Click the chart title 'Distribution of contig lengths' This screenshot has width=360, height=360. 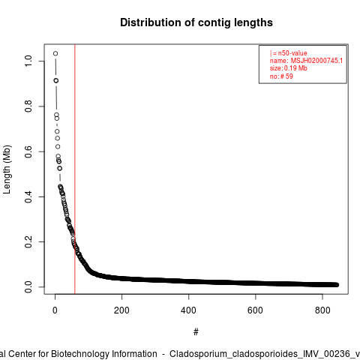(x=196, y=22)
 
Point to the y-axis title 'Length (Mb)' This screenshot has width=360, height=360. (x=7, y=169)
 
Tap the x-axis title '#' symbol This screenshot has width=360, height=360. (x=196, y=332)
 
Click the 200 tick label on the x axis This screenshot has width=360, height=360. (x=121, y=310)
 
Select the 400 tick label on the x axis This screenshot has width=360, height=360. (x=188, y=310)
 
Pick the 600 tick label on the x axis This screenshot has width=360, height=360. (x=255, y=310)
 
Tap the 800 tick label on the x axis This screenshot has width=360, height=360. (x=322, y=310)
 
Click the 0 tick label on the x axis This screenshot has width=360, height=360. (x=55, y=310)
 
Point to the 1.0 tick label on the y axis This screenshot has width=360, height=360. (x=28, y=61)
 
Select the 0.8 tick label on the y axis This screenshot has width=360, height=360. (x=28, y=106)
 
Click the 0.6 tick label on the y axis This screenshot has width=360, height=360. (x=28, y=151)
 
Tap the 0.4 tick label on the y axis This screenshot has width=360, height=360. (x=28, y=196)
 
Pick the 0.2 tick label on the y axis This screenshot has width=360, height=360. (x=28, y=241)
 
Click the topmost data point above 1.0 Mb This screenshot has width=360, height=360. (x=55, y=53)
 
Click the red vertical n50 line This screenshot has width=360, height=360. (x=75, y=169)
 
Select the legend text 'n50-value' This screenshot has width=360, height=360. (x=292, y=53)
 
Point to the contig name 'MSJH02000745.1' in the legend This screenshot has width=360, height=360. (x=316, y=61)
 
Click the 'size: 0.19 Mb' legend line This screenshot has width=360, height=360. (x=289, y=68)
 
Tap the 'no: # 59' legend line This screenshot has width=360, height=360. (x=281, y=76)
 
